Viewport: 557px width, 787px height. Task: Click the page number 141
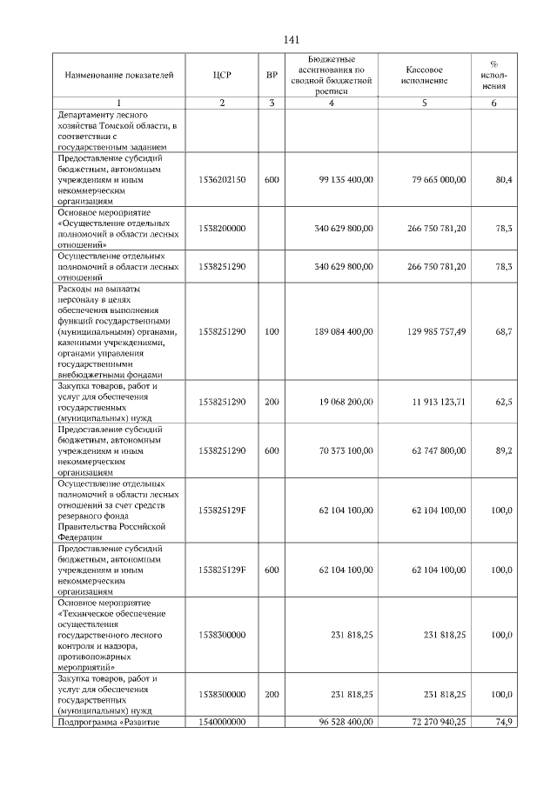coord(292,40)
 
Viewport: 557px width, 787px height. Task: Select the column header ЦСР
coord(222,75)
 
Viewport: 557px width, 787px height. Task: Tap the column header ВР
coord(272,75)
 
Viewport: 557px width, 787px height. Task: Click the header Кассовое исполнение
coord(425,75)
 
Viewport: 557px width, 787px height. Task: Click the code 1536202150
coord(222,179)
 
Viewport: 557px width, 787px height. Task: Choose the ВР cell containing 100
coord(272,331)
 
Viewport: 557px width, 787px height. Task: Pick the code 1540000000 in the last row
coord(222,722)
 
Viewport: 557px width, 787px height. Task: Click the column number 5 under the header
coord(425,103)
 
